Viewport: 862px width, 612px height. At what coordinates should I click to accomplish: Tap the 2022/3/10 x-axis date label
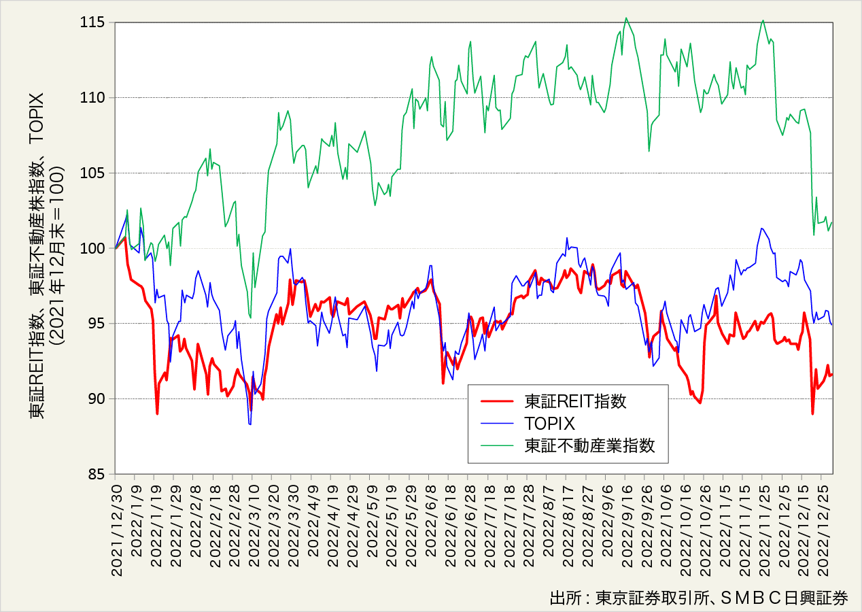(253, 526)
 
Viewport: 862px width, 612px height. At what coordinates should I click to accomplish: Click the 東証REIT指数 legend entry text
(575, 401)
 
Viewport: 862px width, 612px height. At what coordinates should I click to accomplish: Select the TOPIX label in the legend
(550, 424)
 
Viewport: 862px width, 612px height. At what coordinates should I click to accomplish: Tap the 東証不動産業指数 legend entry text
(589, 446)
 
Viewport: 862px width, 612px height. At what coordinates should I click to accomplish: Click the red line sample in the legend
(498, 401)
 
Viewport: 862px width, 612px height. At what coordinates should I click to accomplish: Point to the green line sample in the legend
(498, 446)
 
